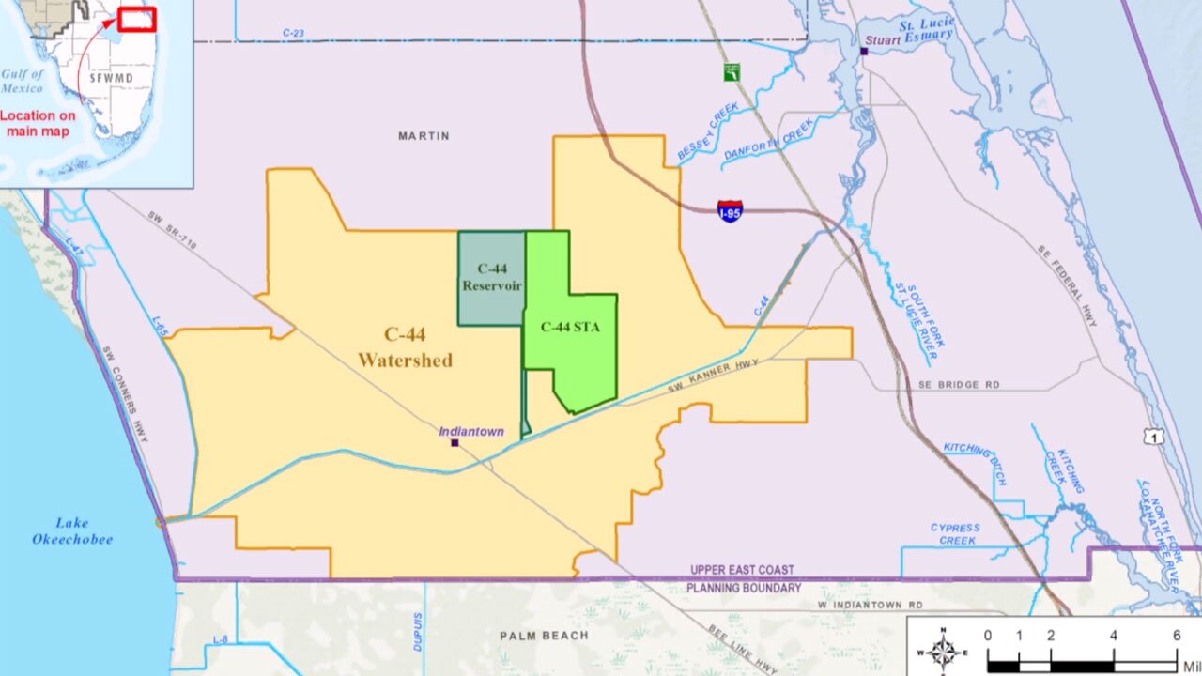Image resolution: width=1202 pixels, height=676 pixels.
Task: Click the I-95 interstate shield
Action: tap(730, 210)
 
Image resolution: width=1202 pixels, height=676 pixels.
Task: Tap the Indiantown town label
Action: tap(471, 432)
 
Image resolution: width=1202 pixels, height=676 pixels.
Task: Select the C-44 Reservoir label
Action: tap(491, 278)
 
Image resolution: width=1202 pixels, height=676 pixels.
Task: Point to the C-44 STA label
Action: tap(570, 328)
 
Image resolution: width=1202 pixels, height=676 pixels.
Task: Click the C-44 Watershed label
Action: tap(405, 347)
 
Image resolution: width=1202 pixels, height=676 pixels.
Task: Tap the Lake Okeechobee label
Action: tap(72, 531)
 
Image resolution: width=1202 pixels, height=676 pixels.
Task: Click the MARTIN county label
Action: tap(424, 136)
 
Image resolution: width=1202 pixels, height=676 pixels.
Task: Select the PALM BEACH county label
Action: tap(544, 636)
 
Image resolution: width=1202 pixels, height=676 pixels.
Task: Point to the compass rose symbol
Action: tap(943, 650)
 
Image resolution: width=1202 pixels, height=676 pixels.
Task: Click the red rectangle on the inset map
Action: tap(137, 19)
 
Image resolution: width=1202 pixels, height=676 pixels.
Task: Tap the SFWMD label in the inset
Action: tap(111, 78)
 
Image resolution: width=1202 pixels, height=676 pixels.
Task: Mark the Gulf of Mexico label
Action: tap(23, 82)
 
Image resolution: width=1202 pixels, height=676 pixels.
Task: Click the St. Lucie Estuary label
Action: tap(926, 30)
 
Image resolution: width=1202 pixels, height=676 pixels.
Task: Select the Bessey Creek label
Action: tap(708, 132)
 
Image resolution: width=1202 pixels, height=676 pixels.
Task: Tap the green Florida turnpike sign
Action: tap(732, 71)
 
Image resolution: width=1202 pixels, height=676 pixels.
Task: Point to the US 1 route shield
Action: tap(1154, 437)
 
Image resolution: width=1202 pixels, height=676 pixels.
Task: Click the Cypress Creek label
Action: tap(955, 534)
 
